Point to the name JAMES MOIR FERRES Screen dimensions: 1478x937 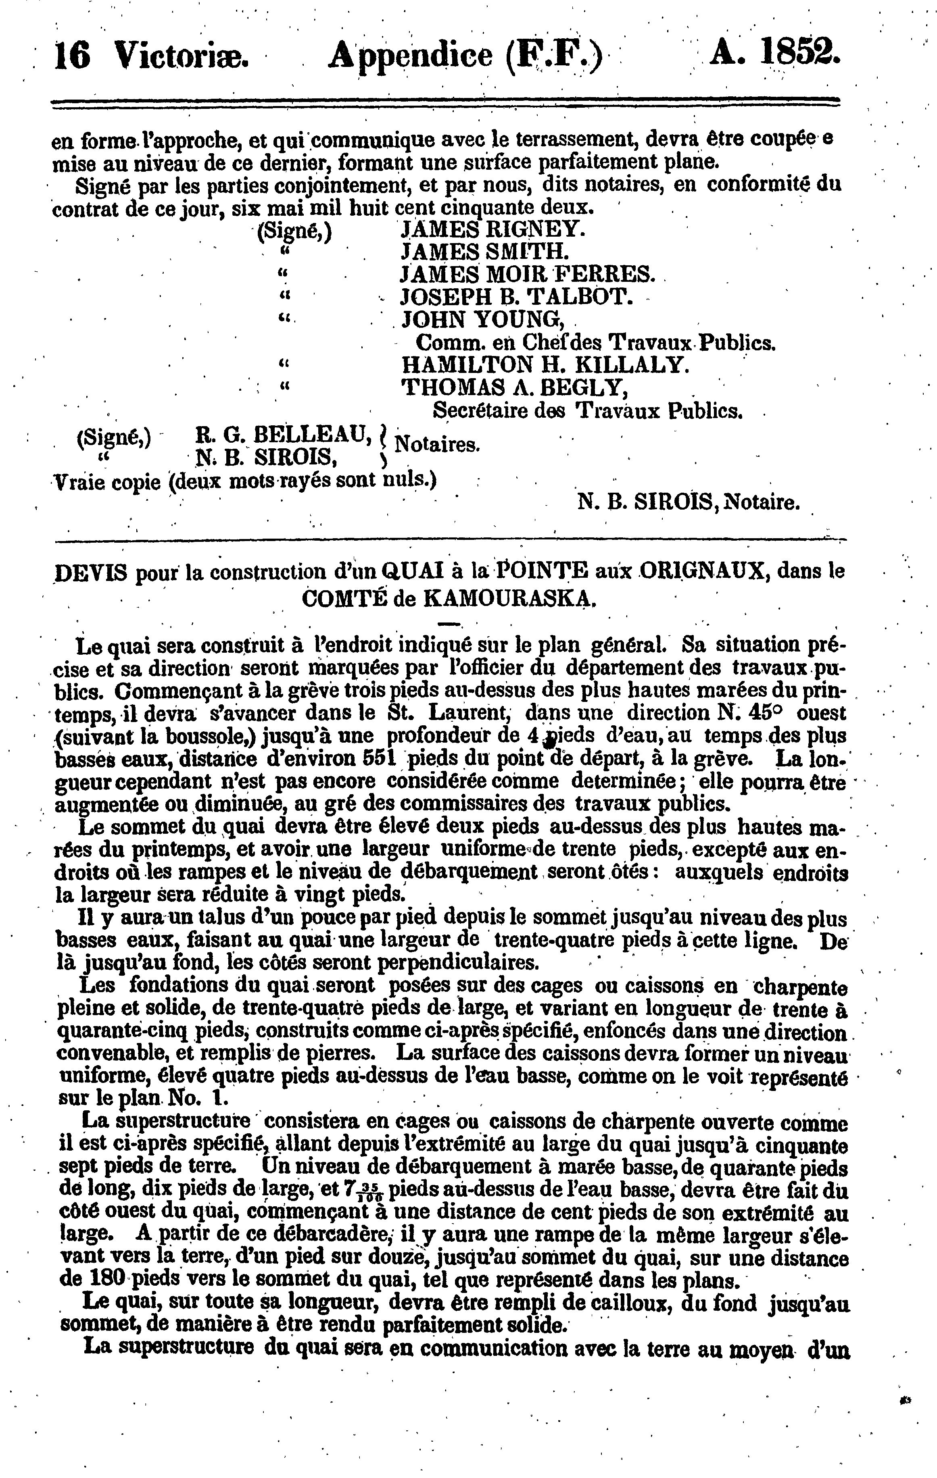coord(528,274)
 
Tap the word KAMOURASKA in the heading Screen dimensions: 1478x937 coord(509,598)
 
